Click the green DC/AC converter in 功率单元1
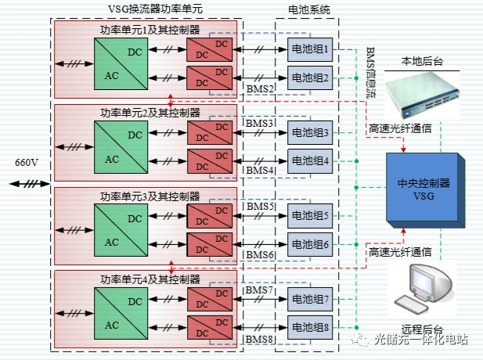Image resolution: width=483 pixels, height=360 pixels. coord(119,64)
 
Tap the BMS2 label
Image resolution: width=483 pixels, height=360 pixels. coord(260,89)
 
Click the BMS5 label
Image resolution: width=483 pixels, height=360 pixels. coord(260,207)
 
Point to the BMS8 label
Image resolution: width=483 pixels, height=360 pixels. coord(260,340)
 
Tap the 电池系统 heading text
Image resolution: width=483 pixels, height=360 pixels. coord(310,9)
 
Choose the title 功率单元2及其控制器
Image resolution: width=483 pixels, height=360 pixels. coord(149,113)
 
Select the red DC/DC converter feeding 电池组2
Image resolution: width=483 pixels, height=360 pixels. coord(209,78)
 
